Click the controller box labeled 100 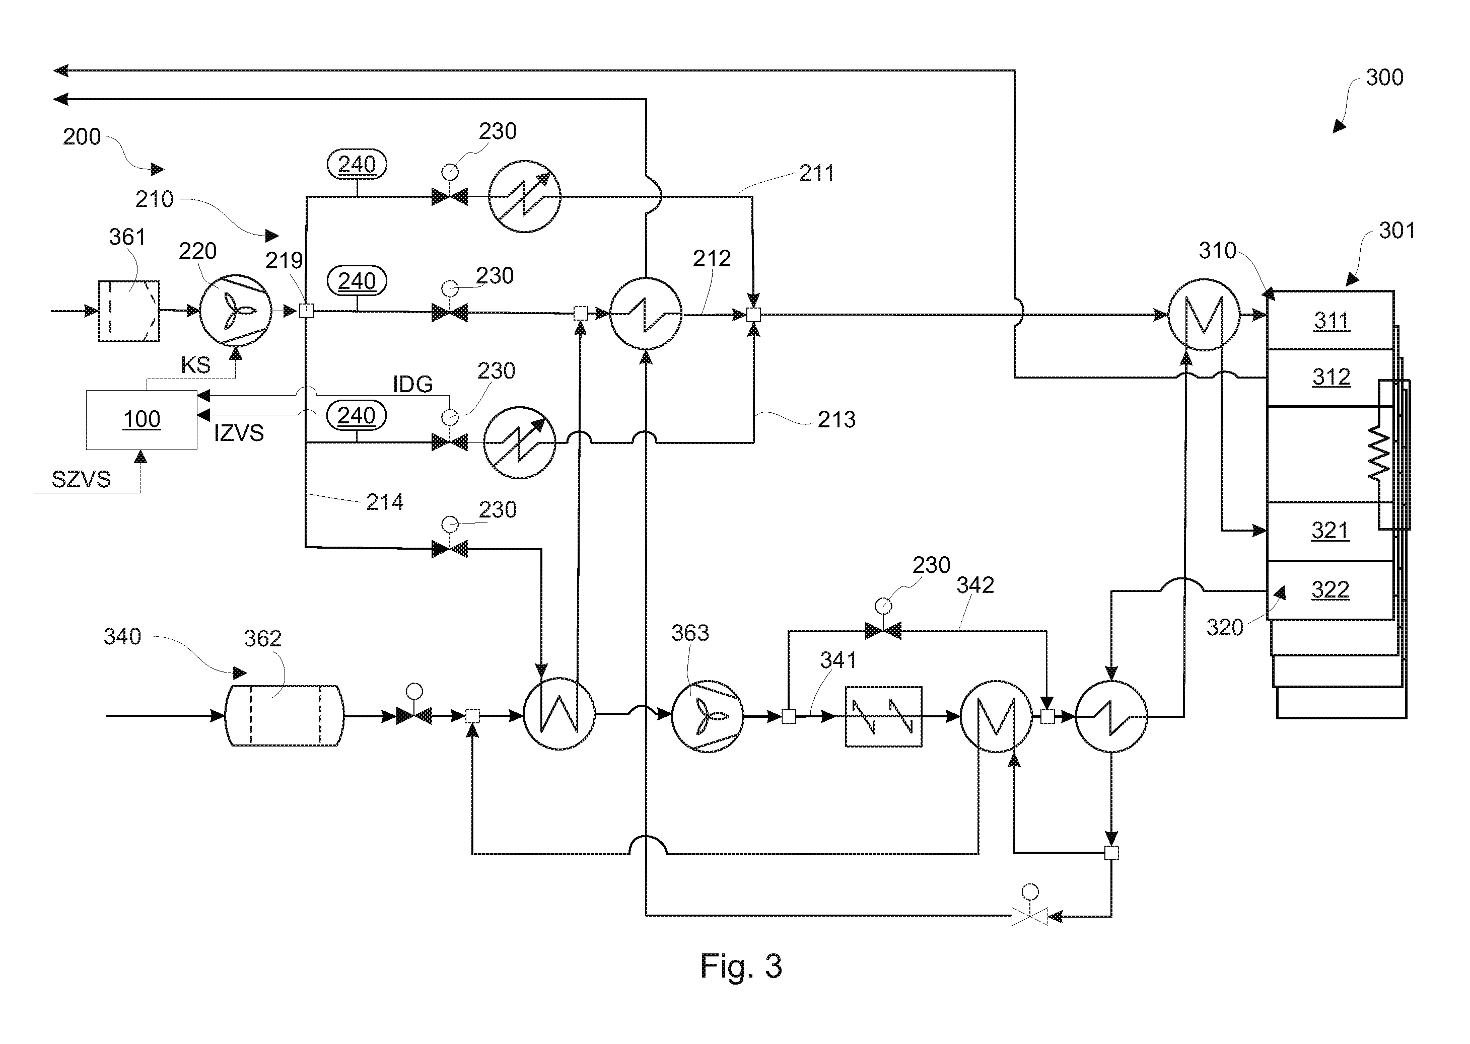(x=142, y=419)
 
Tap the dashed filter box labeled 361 (x=128, y=311)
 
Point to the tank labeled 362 (x=284, y=715)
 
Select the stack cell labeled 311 (x=1330, y=320)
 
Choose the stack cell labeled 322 (x=1330, y=590)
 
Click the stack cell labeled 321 (x=1330, y=531)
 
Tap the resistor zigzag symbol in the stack (x=1379, y=455)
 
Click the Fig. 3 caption (x=741, y=965)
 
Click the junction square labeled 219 (x=307, y=312)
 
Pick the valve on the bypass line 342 (x=883, y=631)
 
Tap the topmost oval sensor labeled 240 (x=357, y=165)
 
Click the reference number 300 (x=1384, y=77)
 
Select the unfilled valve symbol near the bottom (x=1029, y=916)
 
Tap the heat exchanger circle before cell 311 (x=1203, y=314)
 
